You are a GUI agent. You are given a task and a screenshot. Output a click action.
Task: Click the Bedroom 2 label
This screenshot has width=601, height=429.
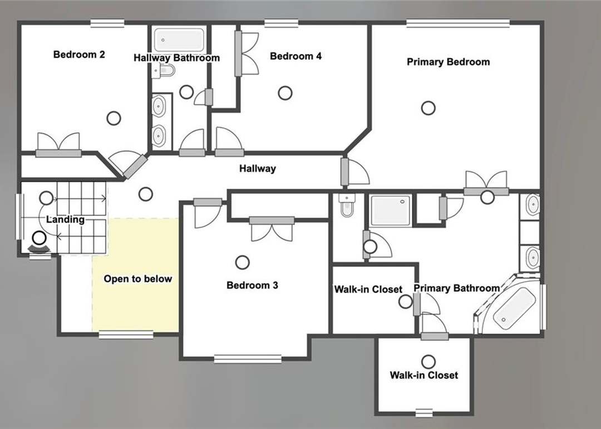(79, 55)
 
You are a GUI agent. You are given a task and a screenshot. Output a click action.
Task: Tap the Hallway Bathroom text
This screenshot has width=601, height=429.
(177, 58)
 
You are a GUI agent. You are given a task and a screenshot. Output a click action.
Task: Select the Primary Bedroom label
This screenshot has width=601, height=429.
(448, 62)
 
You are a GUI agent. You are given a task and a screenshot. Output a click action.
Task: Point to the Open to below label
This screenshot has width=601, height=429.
(137, 279)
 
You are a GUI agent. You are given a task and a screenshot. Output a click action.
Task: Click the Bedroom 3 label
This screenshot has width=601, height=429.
(252, 285)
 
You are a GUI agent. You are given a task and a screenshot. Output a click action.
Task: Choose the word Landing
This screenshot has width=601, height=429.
(65, 220)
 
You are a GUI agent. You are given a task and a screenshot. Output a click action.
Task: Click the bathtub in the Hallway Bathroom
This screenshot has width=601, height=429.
(179, 40)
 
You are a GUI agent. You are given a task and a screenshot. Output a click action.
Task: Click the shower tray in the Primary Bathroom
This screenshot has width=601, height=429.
(391, 210)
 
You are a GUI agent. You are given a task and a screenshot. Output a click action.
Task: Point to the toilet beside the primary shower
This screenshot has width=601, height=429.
(347, 205)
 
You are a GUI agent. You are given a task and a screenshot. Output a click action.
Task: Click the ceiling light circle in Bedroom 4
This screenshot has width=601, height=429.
(285, 93)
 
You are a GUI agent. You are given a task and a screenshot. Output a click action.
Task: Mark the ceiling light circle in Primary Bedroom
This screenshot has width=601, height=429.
(428, 108)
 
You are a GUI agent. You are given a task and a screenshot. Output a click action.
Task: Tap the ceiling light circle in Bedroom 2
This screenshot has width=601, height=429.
(114, 118)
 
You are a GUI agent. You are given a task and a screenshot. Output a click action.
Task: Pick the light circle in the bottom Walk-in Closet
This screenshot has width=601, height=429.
(428, 362)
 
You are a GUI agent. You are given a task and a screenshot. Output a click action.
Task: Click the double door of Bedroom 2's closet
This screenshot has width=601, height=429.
(58, 145)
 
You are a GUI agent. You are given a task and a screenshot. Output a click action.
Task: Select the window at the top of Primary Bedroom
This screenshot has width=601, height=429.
(458, 23)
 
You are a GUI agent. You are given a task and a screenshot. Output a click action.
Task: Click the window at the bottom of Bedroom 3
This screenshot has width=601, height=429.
(248, 359)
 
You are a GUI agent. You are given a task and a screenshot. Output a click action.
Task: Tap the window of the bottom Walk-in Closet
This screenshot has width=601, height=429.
(424, 412)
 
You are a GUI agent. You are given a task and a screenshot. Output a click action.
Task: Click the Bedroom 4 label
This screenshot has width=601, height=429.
(295, 56)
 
